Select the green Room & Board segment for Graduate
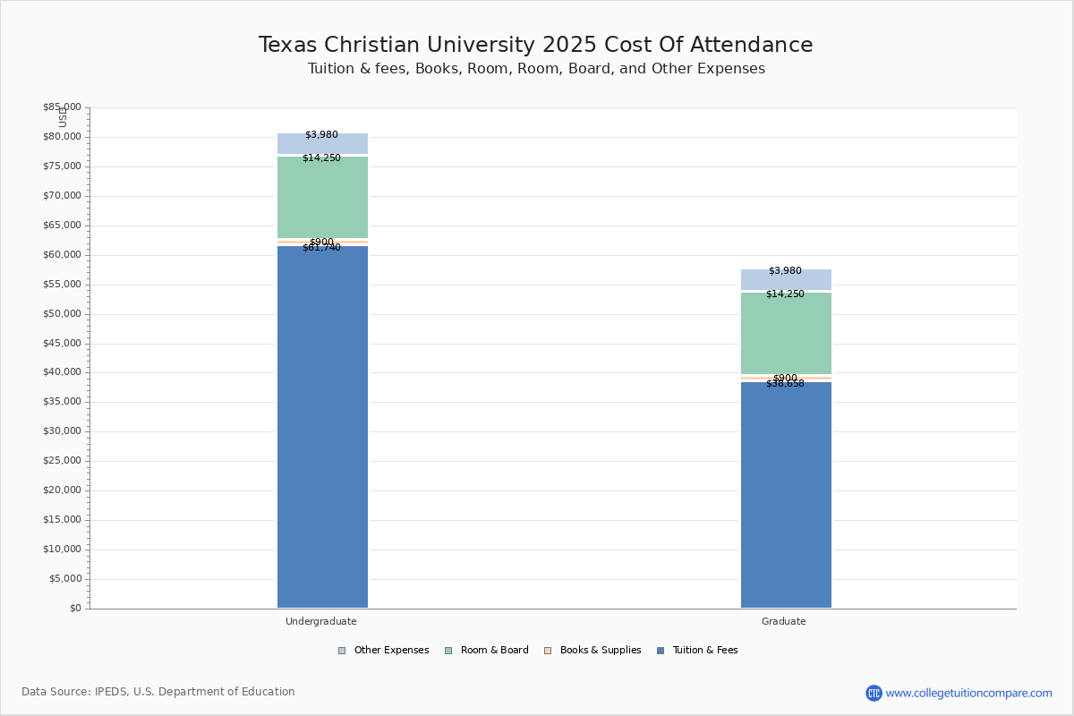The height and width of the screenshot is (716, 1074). (x=786, y=333)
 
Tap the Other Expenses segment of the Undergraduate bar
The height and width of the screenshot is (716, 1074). (x=322, y=144)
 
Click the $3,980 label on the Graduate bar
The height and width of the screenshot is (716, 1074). (x=785, y=271)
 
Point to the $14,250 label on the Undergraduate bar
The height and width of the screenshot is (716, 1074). (x=321, y=158)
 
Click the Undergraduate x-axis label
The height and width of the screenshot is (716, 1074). (x=321, y=621)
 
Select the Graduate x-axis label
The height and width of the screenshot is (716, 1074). (x=784, y=621)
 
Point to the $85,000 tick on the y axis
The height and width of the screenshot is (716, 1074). (x=62, y=107)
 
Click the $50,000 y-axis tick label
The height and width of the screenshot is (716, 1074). (x=62, y=314)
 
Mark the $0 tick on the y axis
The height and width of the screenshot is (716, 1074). (x=74, y=609)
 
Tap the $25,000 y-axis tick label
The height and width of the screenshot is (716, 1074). (x=62, y=461)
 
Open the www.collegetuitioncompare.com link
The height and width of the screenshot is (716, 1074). (x=968, y=693)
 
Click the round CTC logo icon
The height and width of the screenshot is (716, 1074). (x=874, y=693)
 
